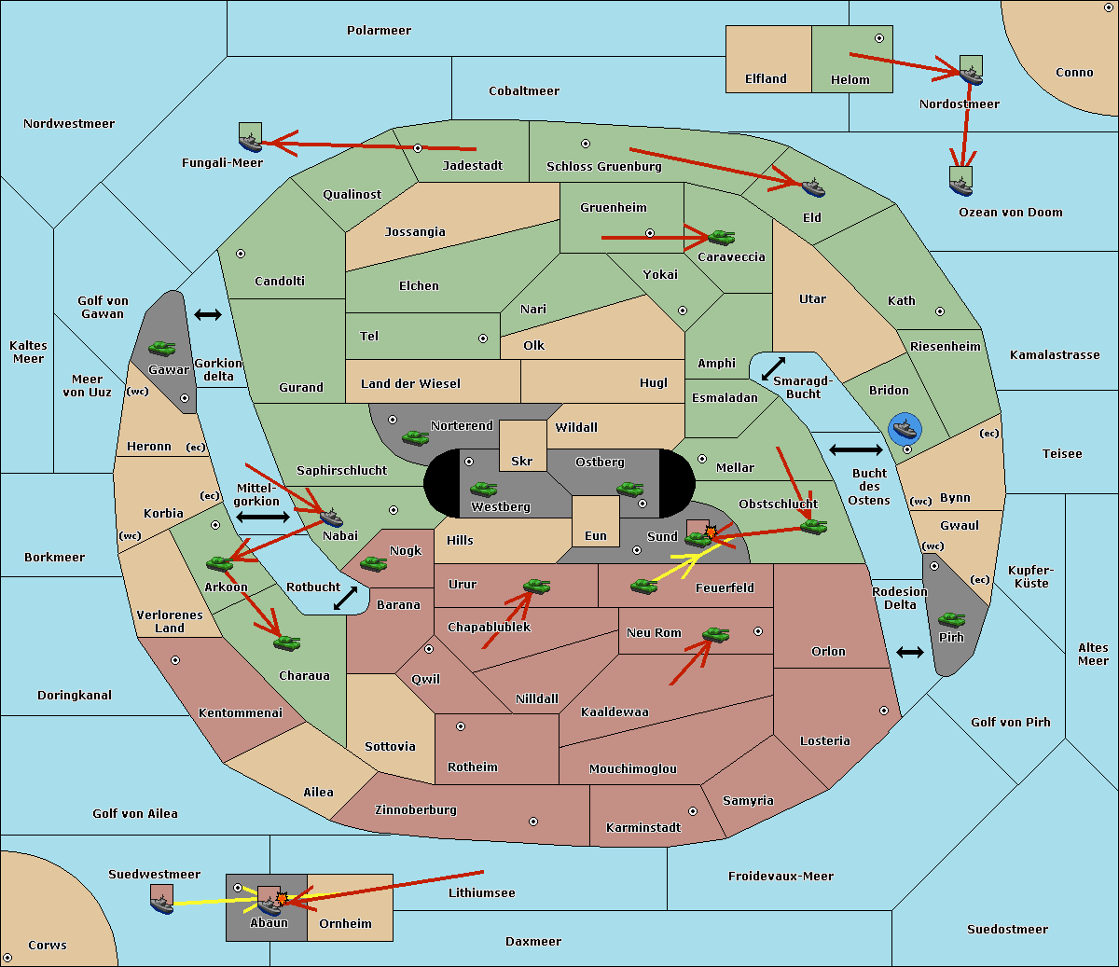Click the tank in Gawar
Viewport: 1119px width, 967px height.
(x=162, y=348)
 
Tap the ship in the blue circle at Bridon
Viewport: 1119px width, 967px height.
(x=905, y=429)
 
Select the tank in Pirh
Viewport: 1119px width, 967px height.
(x=951, y=619)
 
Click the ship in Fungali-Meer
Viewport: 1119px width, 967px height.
(x=250, y=143)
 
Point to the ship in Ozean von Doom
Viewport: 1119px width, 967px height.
(x=960, y=186)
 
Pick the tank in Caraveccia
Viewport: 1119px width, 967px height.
(x=722, y=237)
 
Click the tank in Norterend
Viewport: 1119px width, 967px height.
(x=415, y=437)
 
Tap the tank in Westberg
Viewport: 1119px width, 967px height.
(x=483, y=489)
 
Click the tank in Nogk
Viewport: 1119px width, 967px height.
(x=374, y=563)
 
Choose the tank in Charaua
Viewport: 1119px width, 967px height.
(x=286, y=642)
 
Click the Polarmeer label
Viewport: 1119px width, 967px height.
(x=379, y=31)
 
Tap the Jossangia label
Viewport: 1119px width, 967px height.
(x=415, y=232)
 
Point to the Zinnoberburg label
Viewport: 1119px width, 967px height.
(x=416, y=810)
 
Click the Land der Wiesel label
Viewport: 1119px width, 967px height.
(x=410, y=384)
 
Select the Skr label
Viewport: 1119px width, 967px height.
(x=521, y=461)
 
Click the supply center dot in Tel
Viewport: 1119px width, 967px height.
(x=483, y=338)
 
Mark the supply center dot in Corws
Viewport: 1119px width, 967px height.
(x=7, y=958)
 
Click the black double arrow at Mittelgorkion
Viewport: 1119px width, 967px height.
(x=263, y=517)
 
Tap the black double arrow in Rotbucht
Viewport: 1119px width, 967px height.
(x=345, y=598)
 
